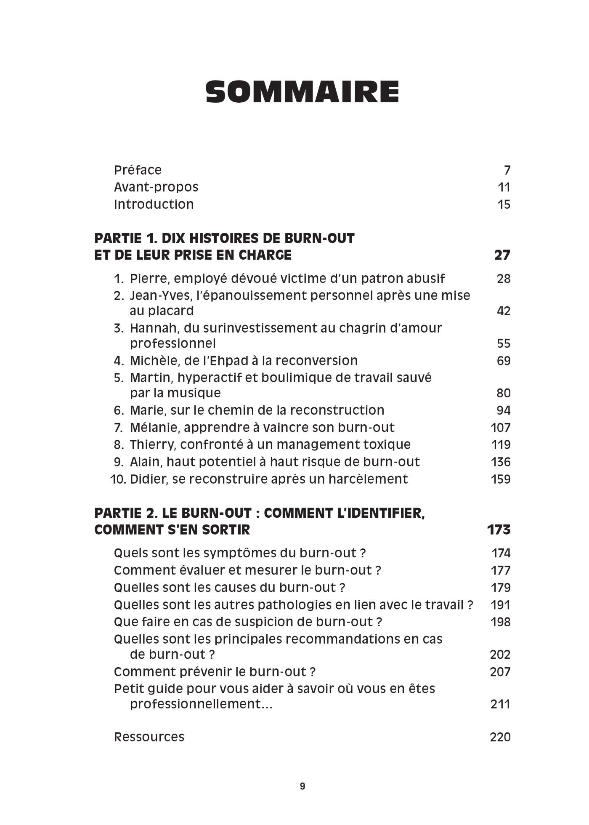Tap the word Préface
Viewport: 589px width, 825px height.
tap(138, 170)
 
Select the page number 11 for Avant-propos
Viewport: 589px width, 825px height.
tap(504, 187)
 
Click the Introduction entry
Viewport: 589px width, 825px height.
tap(154, 205)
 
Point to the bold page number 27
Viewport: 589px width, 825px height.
tap(502, 255)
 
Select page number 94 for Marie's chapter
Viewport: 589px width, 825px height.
tap(503, 410)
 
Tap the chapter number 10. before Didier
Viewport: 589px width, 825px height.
tap(118, 479)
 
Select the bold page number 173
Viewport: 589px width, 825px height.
tap(499, 530)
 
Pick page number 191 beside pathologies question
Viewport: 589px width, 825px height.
tap(500, 605)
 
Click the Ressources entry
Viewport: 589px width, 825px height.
tap(149, 737)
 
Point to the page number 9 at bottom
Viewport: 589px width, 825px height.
tap(302, 786)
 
